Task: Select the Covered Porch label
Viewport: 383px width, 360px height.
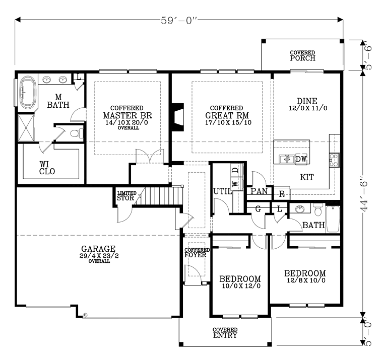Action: click(x=302, y=55)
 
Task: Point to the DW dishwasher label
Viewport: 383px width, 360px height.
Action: click(x=301, y=160)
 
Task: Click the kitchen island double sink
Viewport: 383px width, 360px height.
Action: click(x=286, y=160)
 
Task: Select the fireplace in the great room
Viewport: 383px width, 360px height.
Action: click(x=176, y=118)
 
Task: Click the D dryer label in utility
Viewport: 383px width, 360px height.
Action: click(x=235, y=171)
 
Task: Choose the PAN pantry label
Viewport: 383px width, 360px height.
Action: click(x=259, y=192)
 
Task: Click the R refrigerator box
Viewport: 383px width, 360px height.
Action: click(x=281, y=193)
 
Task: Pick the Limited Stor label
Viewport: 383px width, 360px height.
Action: click(x=125, y=196)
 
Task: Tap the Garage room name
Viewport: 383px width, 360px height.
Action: click(x=98, y=249)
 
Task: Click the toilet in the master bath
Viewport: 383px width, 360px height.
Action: click(x=75, y=134)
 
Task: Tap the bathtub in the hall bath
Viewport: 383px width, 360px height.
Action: click(x=333, y=219)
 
